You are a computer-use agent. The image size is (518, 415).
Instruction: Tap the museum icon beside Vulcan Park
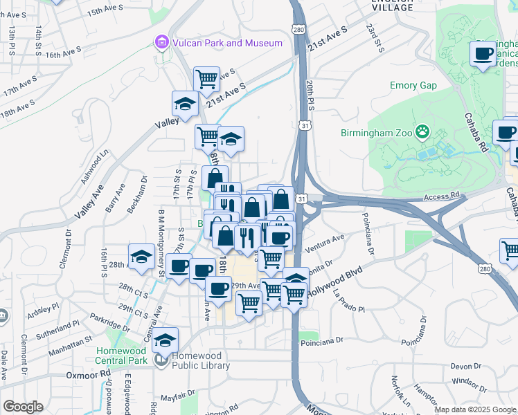coord(161,43)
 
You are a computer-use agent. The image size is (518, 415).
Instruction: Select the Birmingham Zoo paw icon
coord(422,131)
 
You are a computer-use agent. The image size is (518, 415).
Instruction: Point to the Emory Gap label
coord(413,86)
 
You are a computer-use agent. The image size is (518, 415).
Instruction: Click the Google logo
coord(23,407)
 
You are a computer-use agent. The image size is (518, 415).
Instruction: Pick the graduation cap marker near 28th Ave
coord(141,256)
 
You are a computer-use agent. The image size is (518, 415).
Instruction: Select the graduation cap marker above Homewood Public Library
coord(166,340)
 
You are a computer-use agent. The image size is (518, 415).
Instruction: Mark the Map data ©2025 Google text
coord(475,409)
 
